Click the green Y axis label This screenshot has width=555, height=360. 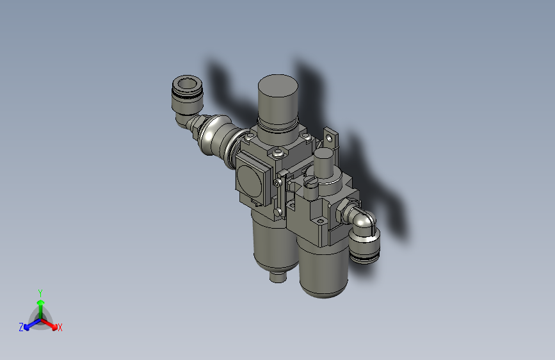40,291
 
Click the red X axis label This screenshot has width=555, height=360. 60,327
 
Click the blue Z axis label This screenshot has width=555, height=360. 21,327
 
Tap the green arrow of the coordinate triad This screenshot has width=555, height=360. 40,305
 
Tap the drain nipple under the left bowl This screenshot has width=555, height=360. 277,277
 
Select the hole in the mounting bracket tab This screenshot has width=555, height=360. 331,136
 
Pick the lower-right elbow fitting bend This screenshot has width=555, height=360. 366,221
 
